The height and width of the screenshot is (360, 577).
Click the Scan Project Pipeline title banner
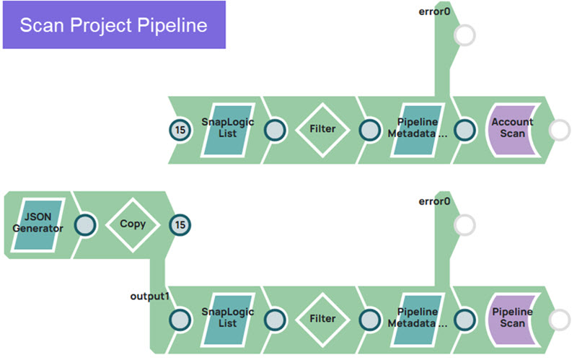[114, 25]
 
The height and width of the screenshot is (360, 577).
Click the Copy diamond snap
[133, 224]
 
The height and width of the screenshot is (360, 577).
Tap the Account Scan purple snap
[512, 129]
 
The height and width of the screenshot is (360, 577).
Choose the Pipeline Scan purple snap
[512, 318]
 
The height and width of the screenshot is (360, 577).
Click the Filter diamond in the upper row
[323, 129]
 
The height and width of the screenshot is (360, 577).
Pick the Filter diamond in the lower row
[323, 318]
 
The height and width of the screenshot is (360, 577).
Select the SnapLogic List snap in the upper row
[228, 129]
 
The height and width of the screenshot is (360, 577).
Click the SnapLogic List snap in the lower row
[228, 318]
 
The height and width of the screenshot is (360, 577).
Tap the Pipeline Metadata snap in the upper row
[417, 129]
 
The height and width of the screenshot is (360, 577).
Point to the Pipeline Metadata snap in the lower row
[417, 318]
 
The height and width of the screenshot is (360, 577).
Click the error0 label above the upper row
[435, 11]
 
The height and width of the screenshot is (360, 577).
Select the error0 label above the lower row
[435, 201]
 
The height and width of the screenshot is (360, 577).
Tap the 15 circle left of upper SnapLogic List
[180, 130]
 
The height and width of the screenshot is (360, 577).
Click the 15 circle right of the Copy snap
[180, 225]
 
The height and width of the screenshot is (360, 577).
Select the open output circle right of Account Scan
[559, 130]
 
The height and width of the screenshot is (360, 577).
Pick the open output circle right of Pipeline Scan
[559, 319]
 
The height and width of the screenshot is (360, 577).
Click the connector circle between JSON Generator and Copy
[86, 225]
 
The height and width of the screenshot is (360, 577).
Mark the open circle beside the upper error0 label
[464, 35]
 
